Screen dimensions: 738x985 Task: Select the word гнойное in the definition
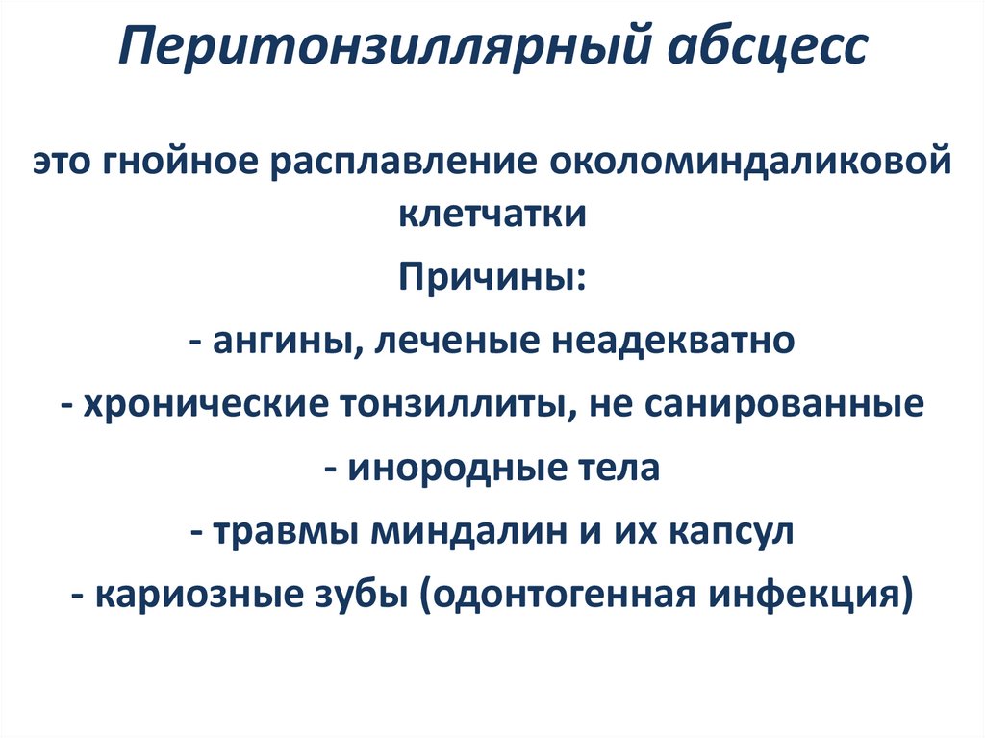(185, 161)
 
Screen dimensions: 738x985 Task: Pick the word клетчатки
(492, 213)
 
